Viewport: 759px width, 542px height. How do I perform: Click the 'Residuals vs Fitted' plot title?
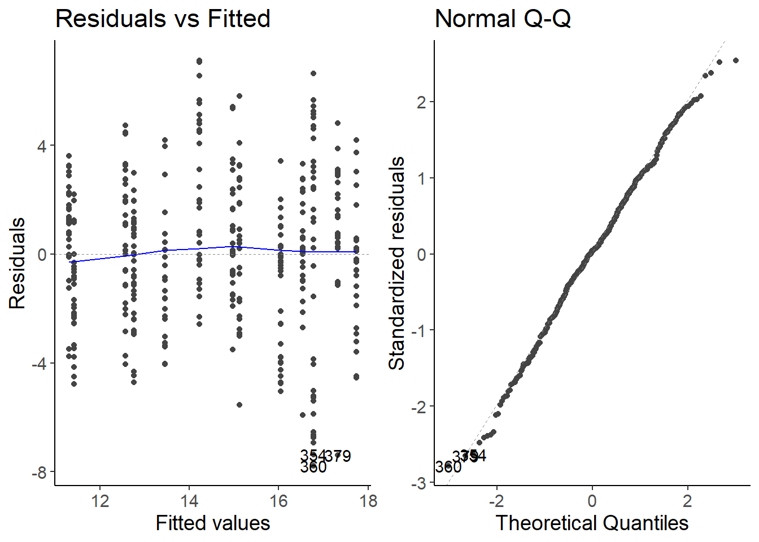point(163,19)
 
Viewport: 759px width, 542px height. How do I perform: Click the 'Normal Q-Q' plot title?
point(503,19)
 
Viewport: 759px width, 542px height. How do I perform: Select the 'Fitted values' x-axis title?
point(213,523)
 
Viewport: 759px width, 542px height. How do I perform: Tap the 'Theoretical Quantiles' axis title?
point(592,523)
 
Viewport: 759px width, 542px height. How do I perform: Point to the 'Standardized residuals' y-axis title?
point(397,263)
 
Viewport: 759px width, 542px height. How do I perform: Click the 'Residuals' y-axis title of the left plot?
point(18,263)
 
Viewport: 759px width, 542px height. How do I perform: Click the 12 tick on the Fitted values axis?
point(100,501)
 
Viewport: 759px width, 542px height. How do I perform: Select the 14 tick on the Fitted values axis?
point(189,501)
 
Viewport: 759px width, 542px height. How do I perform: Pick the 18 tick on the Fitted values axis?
point(368,501)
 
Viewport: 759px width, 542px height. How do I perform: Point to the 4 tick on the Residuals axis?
point(42,146)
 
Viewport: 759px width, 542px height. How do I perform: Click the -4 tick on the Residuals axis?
point(38,364)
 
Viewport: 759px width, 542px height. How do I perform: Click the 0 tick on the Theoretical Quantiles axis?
point(592,501)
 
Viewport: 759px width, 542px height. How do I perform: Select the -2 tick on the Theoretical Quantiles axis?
point(496,501)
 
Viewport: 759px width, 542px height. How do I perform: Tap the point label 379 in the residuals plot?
point(338,456)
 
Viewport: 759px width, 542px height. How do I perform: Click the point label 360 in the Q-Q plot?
point(448,467)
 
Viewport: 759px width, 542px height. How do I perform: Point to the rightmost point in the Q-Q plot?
point(735,60)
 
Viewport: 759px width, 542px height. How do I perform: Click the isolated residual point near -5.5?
point(239,405)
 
